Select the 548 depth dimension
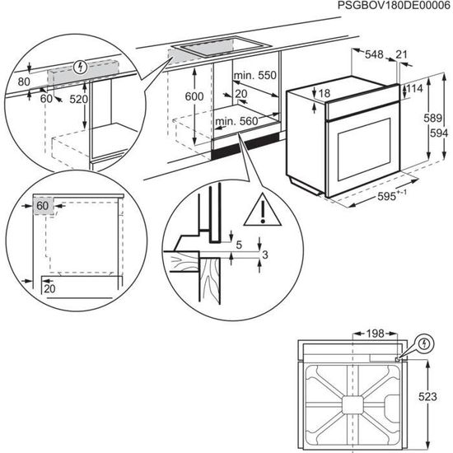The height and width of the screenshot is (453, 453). pyautogui.click(x=375, y=54)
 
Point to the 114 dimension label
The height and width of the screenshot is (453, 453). pyautogui.click(x=416, y=89)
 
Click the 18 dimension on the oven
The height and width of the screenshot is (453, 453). pyautogui.click(x=325, y=94)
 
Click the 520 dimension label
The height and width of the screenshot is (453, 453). pyautogui.click(x=78, y=99)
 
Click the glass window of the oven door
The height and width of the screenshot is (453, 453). pyautogui.click(x=358, y=148)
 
